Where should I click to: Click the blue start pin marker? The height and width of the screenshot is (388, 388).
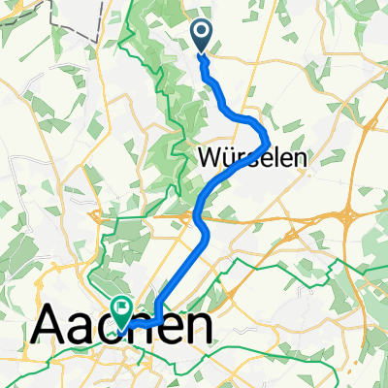(203, 36)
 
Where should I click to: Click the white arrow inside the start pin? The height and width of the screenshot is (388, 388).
(203, 34)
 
